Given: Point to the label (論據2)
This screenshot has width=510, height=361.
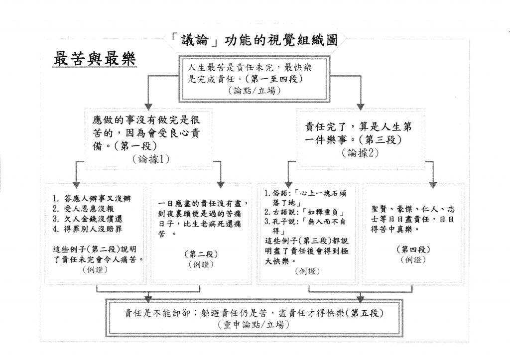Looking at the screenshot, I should click(360, 153).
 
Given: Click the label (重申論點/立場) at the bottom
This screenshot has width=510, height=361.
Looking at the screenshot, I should click(255, 325).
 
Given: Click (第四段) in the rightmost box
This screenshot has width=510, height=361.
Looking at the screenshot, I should click(413, 249).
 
